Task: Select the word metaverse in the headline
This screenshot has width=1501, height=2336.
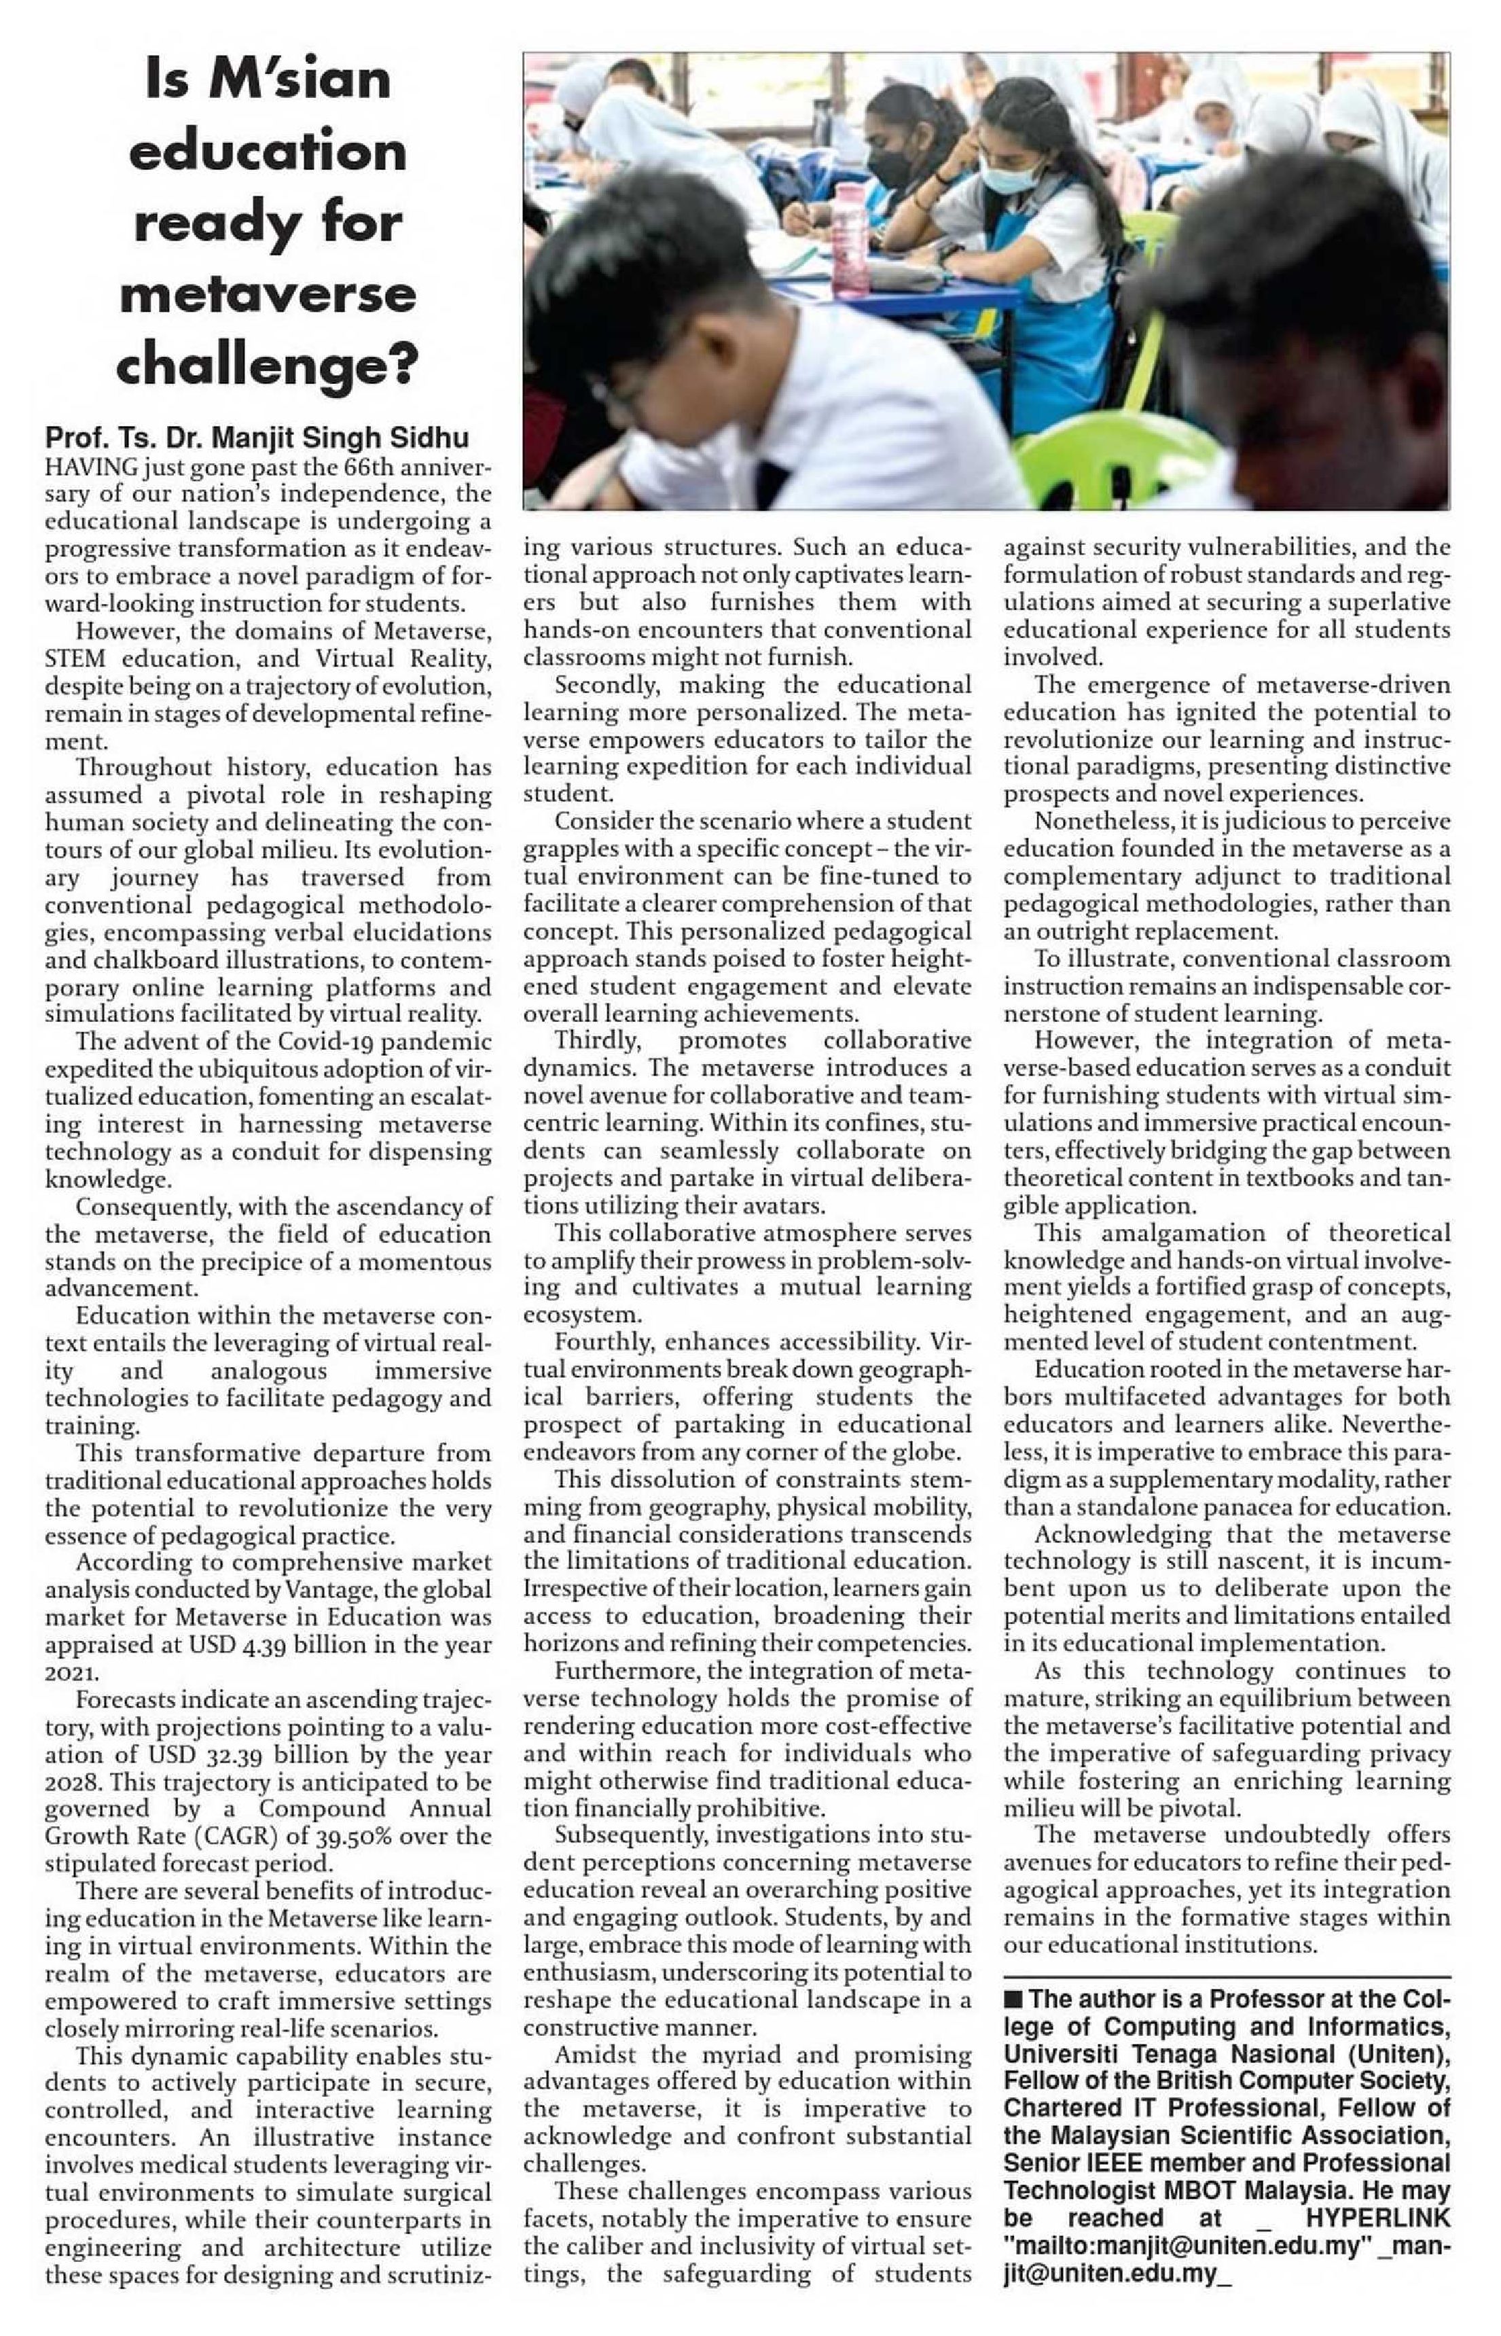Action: coord(268,294)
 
